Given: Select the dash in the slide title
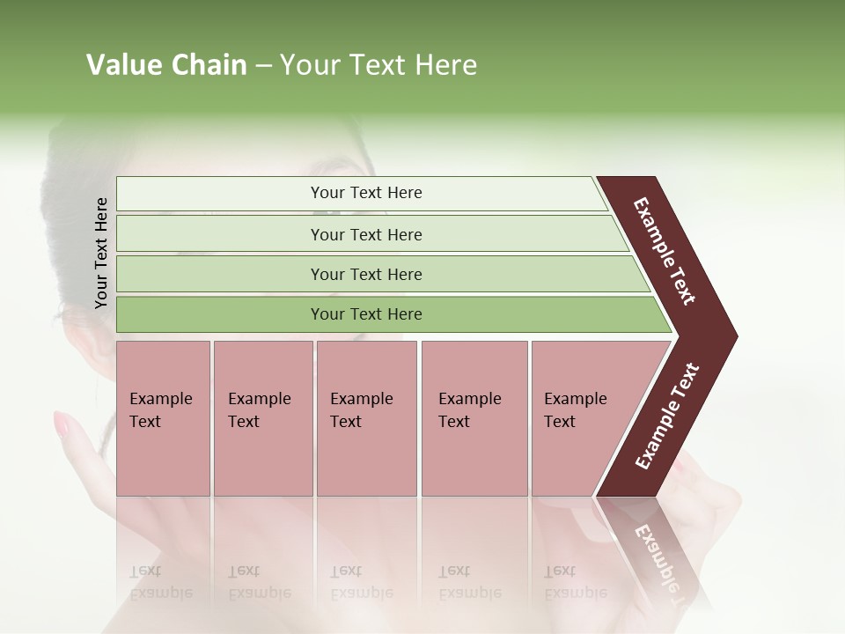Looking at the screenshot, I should pyautogui.click(x=263, y=66).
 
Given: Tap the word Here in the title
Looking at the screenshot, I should pyautogui.click(x=445, y=65).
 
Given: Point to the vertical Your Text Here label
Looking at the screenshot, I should pyautogui.click(x=101, y=253).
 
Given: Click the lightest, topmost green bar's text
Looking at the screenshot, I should pyautogui.click(x=366, y=193).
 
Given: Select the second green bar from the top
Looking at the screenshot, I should pyautogui.click(x=366, y=234).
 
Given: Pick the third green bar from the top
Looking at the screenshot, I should pyautogui.click(x=366, y=274).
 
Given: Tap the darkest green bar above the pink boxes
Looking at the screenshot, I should pyautogui.click(x=366, y=314).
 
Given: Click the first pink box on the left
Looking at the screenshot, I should pyautogui.click(x=163, y=418).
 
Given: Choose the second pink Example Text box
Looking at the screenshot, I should pyautogui.click(x=262, y=418).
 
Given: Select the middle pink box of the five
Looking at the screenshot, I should pyautogui.click(x=366, y=418).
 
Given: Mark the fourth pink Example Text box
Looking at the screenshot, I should pyautogui.click(x=474, y=418).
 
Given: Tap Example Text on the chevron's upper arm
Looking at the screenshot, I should pyautogui.click(x=665, y=251).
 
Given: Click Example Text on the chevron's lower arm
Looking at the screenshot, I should pyautogui.click(x=667, y=416).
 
